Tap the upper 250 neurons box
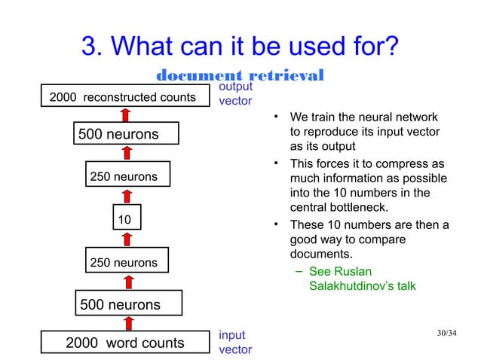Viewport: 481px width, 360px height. [x=125, y=177]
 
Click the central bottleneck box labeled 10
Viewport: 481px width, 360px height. [x=125, y=219]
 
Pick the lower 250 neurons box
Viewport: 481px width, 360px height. [x=125, y=262]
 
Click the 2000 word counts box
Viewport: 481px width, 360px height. [x=125, y=343]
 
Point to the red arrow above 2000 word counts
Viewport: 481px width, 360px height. [x=127, y=322]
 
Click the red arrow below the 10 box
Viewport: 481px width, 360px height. [x=127, y=239]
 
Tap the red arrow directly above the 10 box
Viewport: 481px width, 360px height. [x=127, y=196]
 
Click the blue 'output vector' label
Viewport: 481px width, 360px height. [x=234, y=94]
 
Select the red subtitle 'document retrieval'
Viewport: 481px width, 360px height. [x=240, y=75]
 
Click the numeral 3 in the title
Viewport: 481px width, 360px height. [x=90, y=47]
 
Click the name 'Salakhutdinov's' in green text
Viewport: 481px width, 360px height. [x=352, y=286]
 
